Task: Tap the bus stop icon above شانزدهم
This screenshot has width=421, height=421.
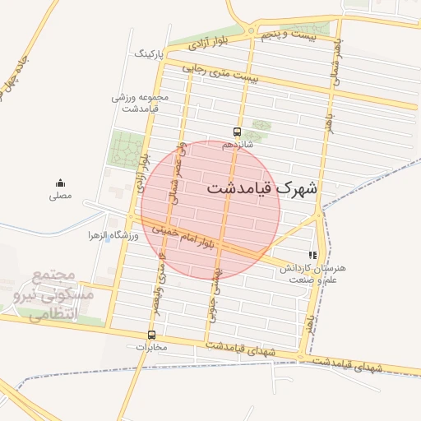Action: pos(237,132)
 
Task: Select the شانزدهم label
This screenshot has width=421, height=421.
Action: pos(237,145)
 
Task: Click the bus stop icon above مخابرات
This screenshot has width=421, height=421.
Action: pos(151,335)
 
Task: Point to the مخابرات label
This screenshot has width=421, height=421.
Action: pos(151,347)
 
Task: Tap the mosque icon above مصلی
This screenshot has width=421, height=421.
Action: pos(60,183)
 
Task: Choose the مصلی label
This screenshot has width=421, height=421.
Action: pos(60,196)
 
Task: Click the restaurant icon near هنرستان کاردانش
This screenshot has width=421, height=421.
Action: pos(312,255)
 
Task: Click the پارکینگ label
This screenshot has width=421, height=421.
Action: pos(150,54)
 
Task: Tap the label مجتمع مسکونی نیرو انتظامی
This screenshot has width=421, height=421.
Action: pos(55,294)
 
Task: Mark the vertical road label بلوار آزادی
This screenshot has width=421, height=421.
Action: pos(144,174)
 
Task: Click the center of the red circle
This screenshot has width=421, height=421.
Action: pos(211,209)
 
